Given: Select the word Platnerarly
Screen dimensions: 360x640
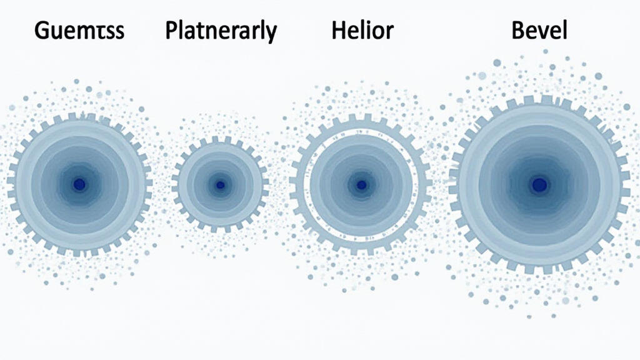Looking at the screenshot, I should click(221, 31).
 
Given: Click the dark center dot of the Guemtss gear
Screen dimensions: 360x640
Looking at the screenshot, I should click(79, 184).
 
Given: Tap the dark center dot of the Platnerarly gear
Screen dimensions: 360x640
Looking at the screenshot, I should click(220, 185).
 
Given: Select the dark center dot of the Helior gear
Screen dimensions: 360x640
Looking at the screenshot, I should click(361, 185).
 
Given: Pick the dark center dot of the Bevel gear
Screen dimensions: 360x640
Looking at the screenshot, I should click(539, 184).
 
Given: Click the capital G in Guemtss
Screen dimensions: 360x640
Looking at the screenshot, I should click(43, 31).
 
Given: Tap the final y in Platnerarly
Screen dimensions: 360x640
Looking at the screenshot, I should click(270, 34).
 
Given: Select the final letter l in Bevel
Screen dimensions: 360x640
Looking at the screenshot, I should click(564, 29).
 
